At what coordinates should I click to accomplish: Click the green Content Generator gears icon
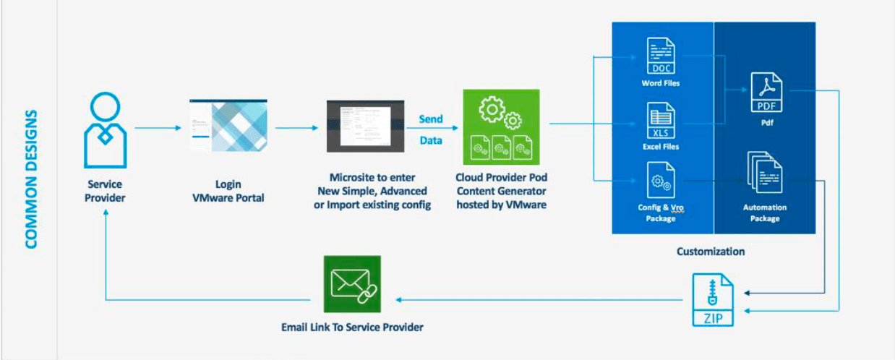(500, 127)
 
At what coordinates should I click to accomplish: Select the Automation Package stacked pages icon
(764, 173)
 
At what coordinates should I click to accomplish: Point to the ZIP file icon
(712, 300)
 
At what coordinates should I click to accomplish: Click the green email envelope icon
(351, 285)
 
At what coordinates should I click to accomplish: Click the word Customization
(710, 252)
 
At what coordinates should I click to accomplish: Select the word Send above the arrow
(431, 119)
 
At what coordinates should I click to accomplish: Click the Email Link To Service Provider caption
(352, 327)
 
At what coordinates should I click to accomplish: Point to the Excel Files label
(661, 147)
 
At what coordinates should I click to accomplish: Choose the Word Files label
(661, 83)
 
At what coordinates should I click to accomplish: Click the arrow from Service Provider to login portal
(158, 129)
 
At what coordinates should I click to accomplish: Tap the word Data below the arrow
(431, 140)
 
